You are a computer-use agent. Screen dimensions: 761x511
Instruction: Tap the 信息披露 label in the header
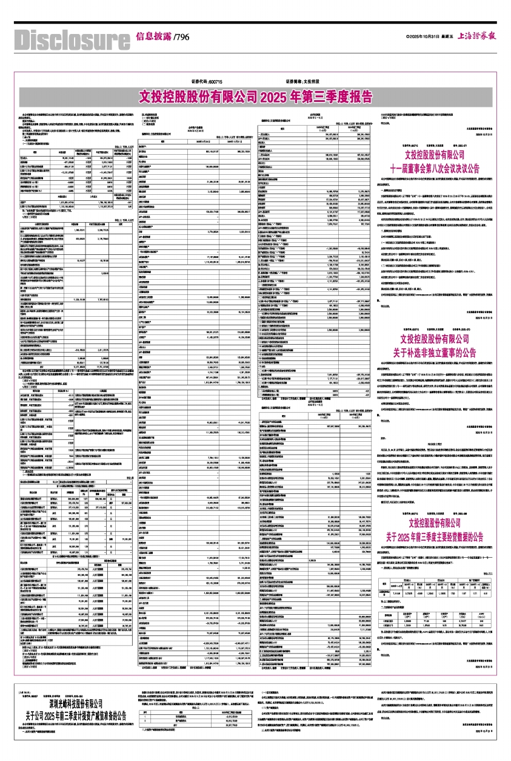click(153, 37)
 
